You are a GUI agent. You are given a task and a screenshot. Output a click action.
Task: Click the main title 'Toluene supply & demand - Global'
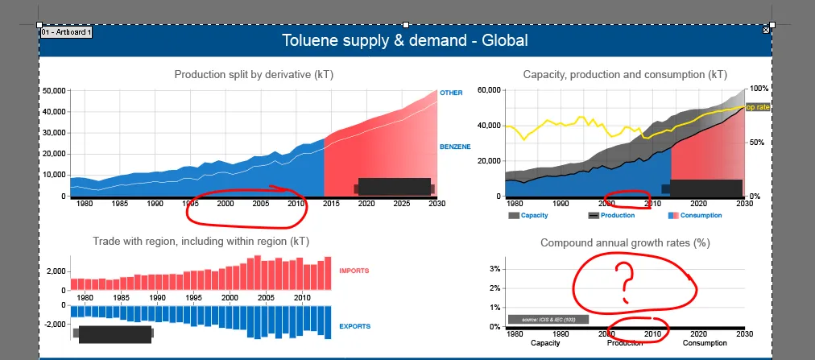(x=405, y=40)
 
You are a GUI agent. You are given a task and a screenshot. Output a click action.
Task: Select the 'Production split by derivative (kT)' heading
(x=254, y=75)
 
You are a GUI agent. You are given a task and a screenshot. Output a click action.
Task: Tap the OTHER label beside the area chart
(x=451, y=93)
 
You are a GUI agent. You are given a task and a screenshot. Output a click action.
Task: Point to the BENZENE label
(x=455, y=147)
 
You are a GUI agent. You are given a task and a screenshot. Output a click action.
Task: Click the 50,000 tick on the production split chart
(x=55, y=91)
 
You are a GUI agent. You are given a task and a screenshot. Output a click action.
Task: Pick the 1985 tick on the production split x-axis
(x=119, y=205)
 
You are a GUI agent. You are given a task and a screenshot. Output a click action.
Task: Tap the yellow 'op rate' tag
(x=758, y=107)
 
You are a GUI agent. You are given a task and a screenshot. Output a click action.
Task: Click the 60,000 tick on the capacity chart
(x=489, y=90)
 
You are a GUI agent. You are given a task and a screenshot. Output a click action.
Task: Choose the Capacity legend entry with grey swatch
(x=530, y=216)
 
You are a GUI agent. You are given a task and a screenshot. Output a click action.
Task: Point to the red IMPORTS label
(x=355, y=271)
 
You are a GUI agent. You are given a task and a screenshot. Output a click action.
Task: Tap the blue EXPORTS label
(x=355, y=326)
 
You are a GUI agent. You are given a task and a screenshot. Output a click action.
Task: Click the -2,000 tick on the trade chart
(x=53, y=325)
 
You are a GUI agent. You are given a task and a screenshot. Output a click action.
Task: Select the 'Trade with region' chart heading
(x=201, y=241)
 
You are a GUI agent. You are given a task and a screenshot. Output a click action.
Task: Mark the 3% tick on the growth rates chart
(x=496, y=269)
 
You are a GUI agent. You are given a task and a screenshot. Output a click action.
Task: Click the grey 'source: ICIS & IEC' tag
(x=548, y=320)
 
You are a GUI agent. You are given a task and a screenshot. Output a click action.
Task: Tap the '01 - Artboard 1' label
(x=66, y=32)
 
